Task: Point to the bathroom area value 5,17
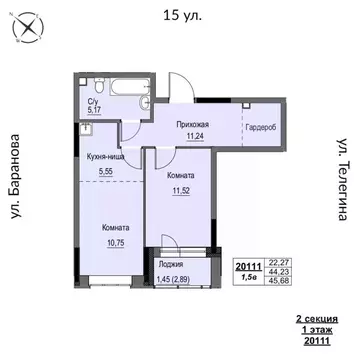coord(93,111)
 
